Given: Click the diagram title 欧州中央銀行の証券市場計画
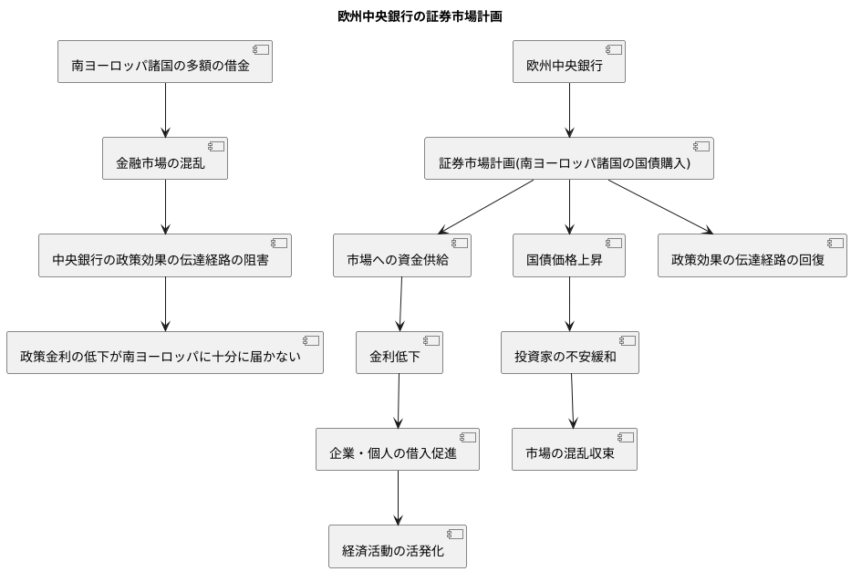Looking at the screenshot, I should pyautogui.click(x=425, y=16).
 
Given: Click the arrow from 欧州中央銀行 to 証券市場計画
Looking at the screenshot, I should pyautogui.click(x=569, y=110).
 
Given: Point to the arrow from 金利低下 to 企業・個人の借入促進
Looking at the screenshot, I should pyautogui.click(x=399, y=400).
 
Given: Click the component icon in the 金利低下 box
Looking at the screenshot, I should pyautogui.click(x=431, y=340).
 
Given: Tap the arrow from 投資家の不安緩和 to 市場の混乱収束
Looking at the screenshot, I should pyautogui.click(x=572, y=400).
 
